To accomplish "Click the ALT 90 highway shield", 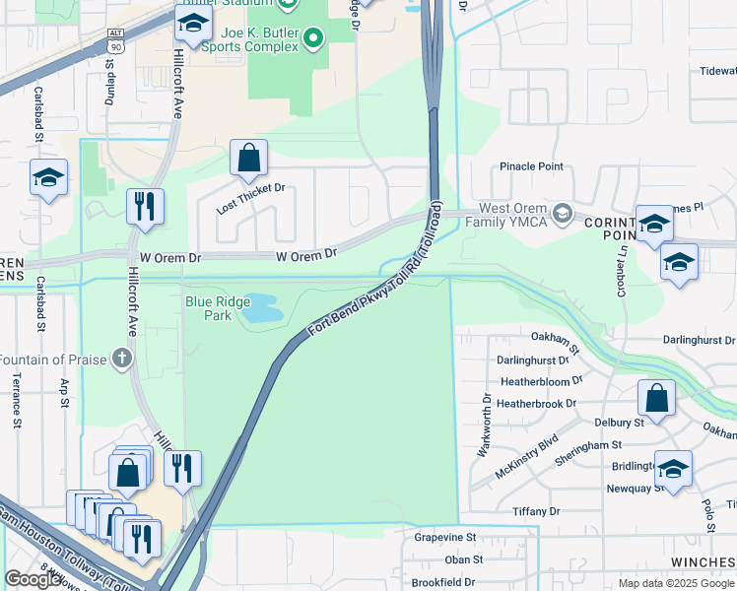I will (x=115, y=41).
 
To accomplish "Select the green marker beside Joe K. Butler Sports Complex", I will (x=313, y=39).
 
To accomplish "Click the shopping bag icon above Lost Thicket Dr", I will (x=248, y=158).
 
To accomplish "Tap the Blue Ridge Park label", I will (x=208, y=307).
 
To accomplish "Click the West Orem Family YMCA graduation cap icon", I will (x=563, y=213).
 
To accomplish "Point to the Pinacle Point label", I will (x=531, y=166).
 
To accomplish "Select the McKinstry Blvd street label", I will (x=526, y=456).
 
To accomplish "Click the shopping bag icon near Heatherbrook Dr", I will (x=656, y=398).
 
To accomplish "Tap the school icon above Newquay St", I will (x=673, y=469).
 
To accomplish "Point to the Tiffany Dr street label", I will (x=536, y=511).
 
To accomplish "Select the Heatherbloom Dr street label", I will (x=541, y=378).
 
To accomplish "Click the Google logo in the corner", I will (x=33, y=579).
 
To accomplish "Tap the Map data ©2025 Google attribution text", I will (x=675, y=583).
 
